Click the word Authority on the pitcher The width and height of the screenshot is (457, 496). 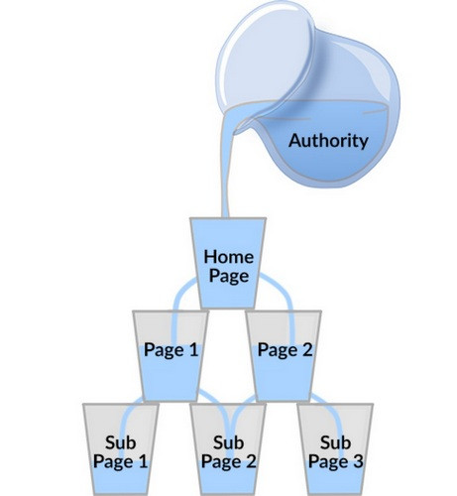point(328,141)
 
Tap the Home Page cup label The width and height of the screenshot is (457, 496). point(229,267)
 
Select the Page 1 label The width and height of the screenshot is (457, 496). point(171,350)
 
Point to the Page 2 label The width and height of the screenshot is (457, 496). point(285,350)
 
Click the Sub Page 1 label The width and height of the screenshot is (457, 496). point(120,452)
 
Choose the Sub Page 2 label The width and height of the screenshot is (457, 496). point(228,452)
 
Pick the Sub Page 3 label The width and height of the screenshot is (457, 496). point(335,452)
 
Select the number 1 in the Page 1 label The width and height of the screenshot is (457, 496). point(192,350)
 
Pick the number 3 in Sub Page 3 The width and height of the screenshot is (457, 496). point(358,461)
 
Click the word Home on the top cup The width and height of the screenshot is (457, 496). point(229,257)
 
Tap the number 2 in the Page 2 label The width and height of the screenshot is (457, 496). point(306,350)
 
